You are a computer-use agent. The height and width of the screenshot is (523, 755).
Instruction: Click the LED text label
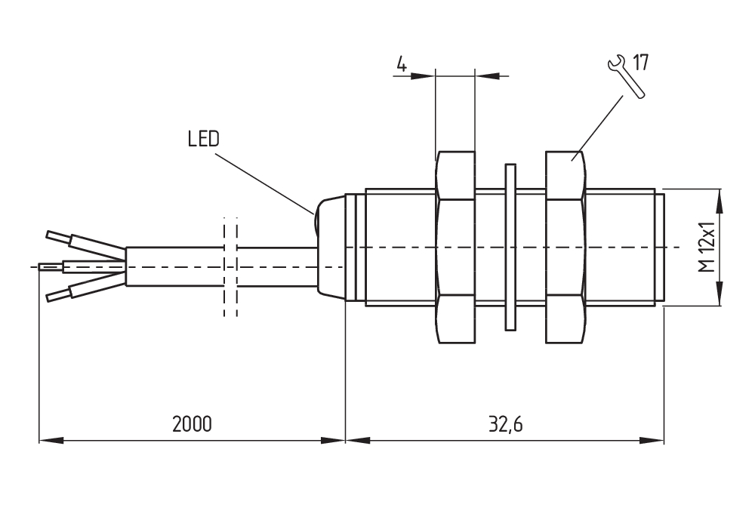[x=203, y=139]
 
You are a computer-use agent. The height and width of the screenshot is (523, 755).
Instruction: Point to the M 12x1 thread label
[x=705, y=248]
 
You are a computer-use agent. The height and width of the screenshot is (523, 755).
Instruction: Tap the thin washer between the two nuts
[x=509, y=247]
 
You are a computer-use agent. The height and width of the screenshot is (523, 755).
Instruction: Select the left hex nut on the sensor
[x=455, y=247]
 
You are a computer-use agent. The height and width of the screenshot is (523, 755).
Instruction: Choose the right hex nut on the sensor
[x=564, y=247]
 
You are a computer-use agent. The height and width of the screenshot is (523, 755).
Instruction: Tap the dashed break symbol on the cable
[x=230, y=268]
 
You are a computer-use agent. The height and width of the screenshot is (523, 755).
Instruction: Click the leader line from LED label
[x=264, y=182]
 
